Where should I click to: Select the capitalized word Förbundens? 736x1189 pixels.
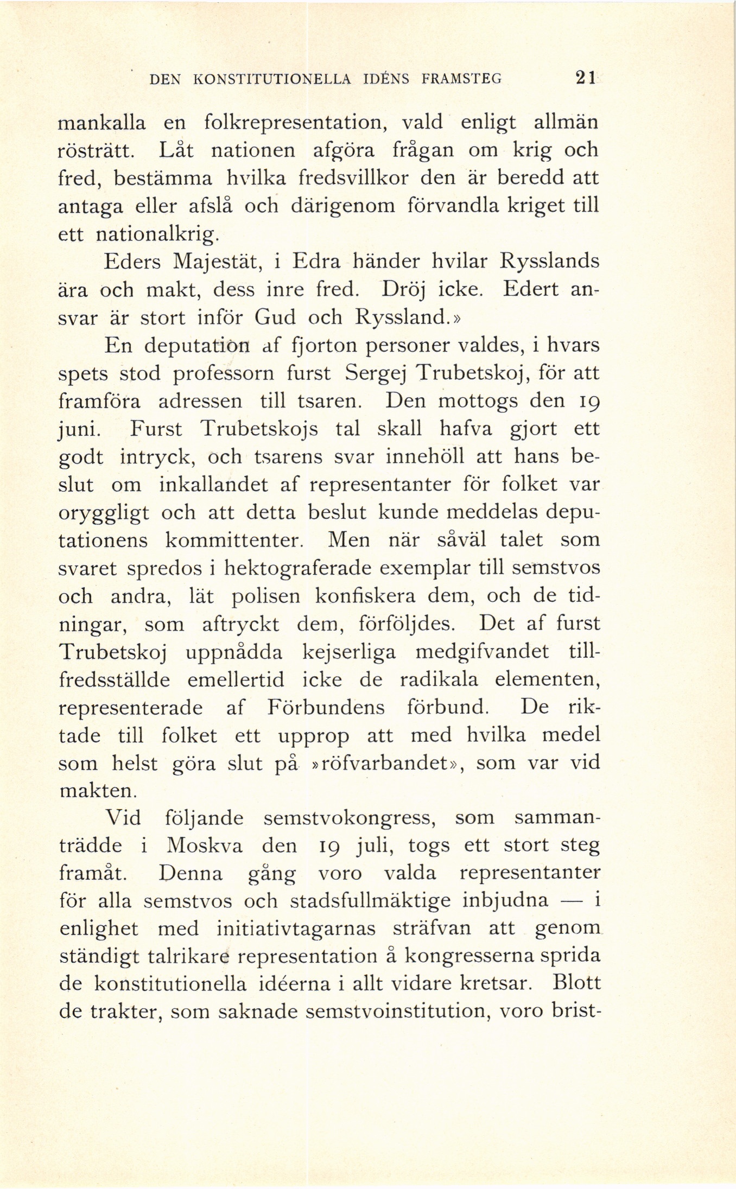(x=326, y=708)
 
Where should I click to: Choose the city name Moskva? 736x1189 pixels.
(x=204, y=847)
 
